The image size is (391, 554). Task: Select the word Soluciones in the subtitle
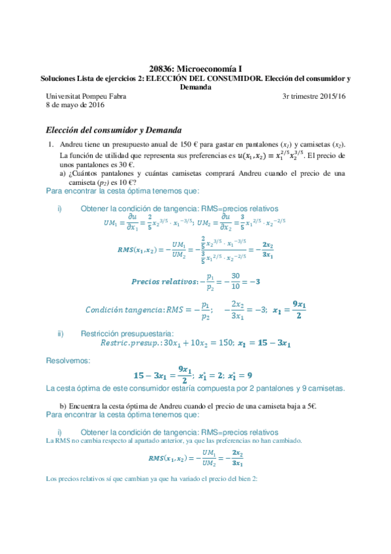coord(59,78)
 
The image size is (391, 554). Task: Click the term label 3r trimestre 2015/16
coord(313,97)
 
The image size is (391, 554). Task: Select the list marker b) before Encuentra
coord(63,405)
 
